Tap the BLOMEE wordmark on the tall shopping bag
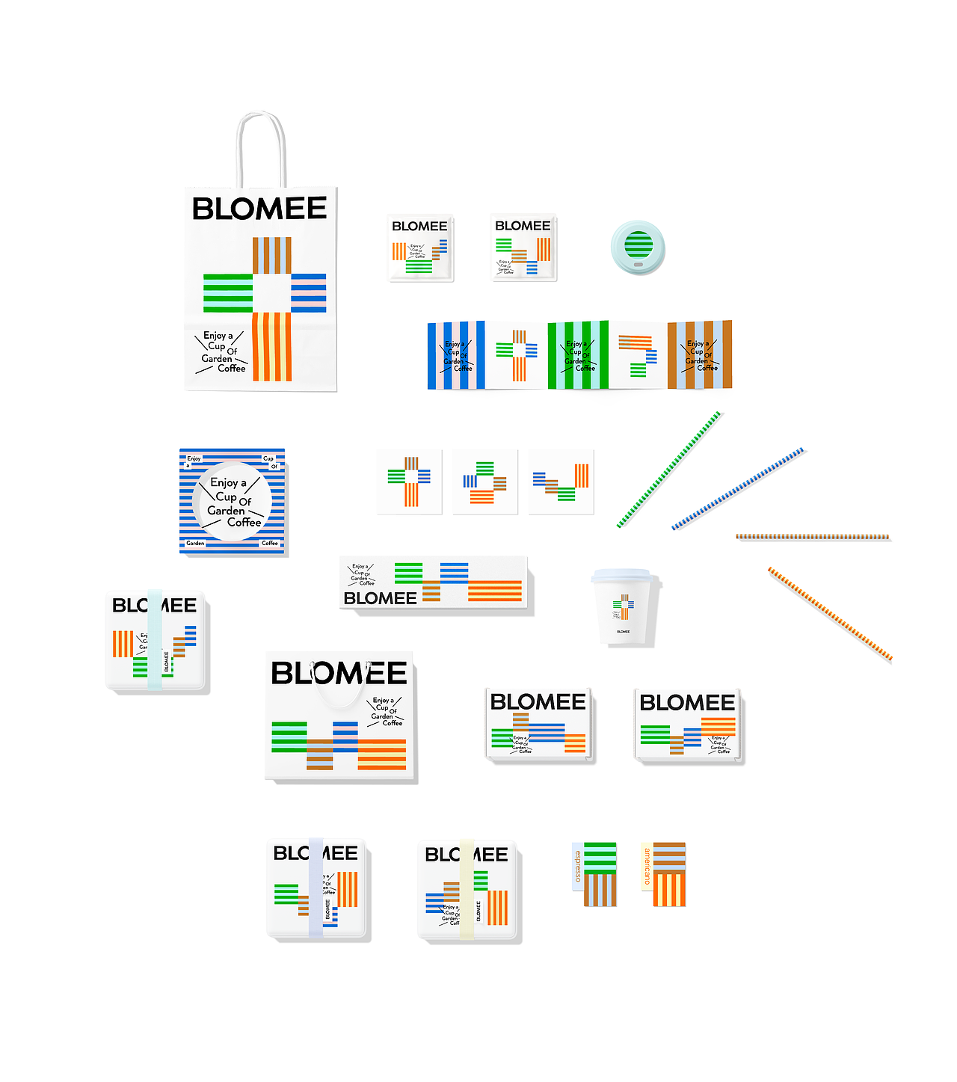(x=259, y=209)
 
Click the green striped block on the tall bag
(x=228, y=293)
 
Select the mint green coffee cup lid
(x=637, y=248)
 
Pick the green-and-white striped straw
(x=669, y=470)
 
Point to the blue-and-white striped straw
(x=738, y=489)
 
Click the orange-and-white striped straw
(x=830, y=614)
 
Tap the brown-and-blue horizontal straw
(x=813, y=536)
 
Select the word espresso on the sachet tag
(x=577, y=866)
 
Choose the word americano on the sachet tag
(x=647, y=866)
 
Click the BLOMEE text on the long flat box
(x=380, y=598)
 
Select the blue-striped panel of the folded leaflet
(x=456, y=356)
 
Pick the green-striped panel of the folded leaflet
(x=578, y=356)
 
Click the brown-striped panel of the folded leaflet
(x=700, y=356)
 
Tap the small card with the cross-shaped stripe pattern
(x=409, y=482)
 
